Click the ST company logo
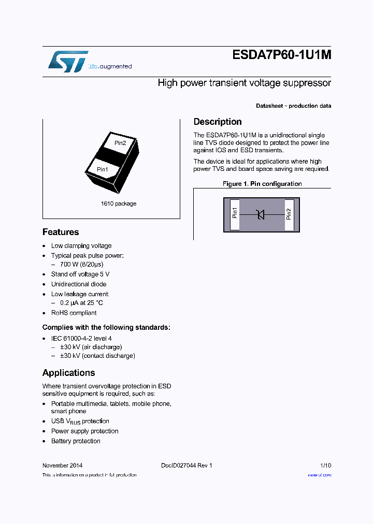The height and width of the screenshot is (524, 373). point(68,62)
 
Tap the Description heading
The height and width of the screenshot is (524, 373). point(218,122)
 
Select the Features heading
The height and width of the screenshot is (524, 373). point(61,232)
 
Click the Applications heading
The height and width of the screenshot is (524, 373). point(68,373)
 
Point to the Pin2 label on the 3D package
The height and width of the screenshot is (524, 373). point(120,143)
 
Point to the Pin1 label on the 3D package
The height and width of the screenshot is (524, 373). point(103,169)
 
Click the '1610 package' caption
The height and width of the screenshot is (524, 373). point(119,203)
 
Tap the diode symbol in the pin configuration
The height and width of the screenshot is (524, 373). point(261,213)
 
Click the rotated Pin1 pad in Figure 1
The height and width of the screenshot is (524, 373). point(235,213)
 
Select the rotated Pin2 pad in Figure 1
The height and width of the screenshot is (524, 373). point(289,213)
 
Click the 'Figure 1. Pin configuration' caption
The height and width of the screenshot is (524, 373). point(262,184)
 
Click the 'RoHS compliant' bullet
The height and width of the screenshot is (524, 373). point(74,313)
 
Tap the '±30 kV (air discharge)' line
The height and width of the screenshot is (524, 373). point(91,347)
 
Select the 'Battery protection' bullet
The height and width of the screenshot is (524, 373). point(76,441)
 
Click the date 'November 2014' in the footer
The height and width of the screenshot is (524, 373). point(62,465)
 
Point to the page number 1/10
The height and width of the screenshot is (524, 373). point(325,465)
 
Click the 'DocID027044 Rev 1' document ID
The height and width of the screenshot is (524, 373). point(187,465)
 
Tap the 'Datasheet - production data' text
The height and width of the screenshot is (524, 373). point(293,106)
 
